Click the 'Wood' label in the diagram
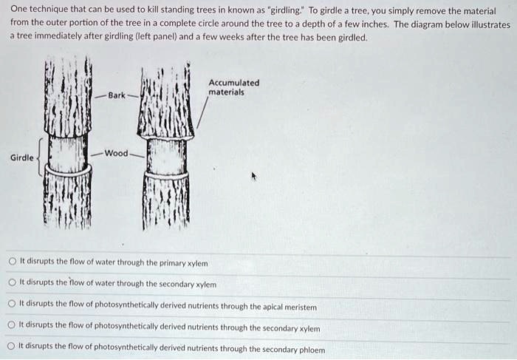pyautogui.click(x=116, y=153)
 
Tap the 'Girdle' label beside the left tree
pyautogui.click(x=21, y=157)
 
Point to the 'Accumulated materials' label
pyautogui.click(x=233, y=88)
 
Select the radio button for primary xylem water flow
pyautogui.click(x=12, y=262)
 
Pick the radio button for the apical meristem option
pyautogui.click(x=12, y=305)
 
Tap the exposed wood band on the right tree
pyautogui.click(x=166, y=157)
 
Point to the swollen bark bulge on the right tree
pyautogui.click(x=166, y=130)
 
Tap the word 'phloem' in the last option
pyautogui.click(x=309, y=349)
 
